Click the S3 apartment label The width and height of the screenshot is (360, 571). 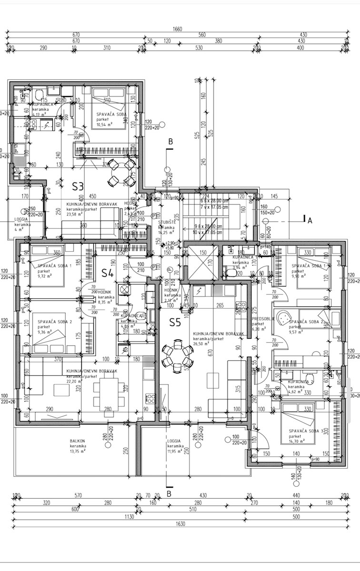pyautogui.click(x=78, y=186)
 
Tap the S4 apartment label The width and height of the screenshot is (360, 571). pyautogui.click(x=108, y=273)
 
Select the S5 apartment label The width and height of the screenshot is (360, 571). pyautogui.click(x=175, y=323)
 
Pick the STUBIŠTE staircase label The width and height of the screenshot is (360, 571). pyautogui.click(x=167, y=222)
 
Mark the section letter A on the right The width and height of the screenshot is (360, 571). pyautogui.click(x=310, y=220)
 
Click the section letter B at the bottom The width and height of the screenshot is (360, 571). pyautogui.click(x=169, y=494)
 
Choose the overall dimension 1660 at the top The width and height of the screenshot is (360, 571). pyautogui.click(x=177, y=30)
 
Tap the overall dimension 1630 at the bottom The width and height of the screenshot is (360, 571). pyautogui.click(x=177, y=523)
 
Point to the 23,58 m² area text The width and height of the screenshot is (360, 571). pyautogui.click(x=74, y=214)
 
